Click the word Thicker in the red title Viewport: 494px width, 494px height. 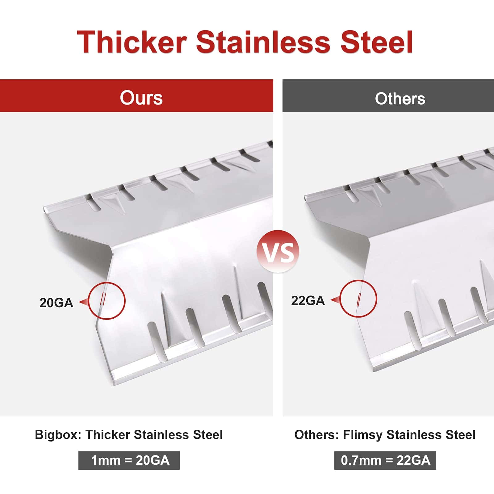132,42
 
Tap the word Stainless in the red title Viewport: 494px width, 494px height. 263,42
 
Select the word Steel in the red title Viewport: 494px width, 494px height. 376,42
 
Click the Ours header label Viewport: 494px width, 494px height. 141,98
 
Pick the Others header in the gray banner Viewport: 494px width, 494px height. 400,99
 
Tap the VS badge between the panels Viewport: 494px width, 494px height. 278,251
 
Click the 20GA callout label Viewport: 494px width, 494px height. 56,303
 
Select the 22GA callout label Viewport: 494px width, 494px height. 308,301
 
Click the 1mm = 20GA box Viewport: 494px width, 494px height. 129,460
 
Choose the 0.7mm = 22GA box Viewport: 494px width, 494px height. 385,460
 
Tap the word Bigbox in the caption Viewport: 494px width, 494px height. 58,435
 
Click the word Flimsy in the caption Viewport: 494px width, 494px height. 363,435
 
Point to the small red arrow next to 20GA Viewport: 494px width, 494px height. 83,302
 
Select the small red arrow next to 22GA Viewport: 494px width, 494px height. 335,300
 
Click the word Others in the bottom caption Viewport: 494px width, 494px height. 316,435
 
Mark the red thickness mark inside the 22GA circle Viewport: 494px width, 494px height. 358,300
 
